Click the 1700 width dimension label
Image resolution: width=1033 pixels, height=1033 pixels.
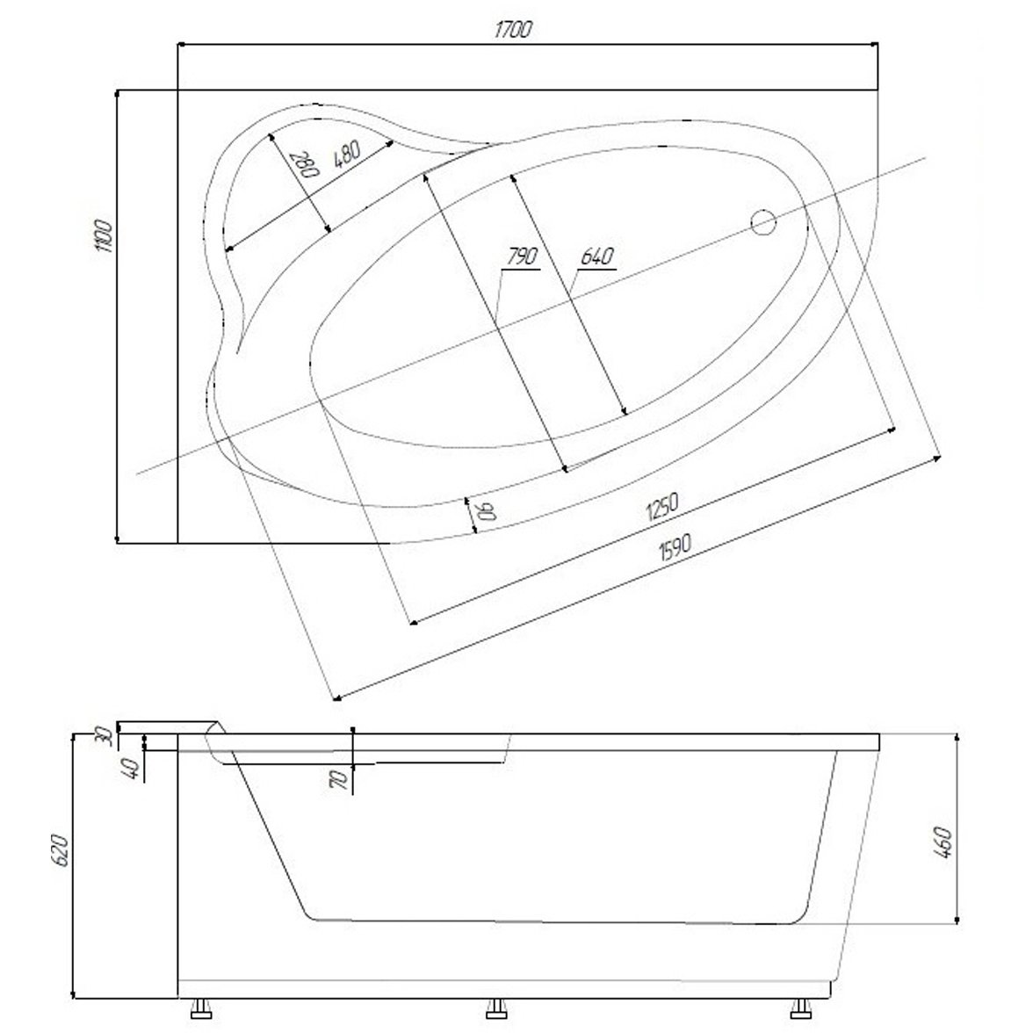512,30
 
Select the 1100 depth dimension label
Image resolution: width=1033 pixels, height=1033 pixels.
104,235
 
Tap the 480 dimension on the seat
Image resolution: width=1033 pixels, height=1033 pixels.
347,155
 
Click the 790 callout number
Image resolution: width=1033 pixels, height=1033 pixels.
523,256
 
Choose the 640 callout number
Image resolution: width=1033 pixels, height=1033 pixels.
597,256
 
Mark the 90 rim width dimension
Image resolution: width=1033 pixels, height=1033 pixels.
487,510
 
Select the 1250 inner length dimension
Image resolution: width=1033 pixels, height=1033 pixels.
662,507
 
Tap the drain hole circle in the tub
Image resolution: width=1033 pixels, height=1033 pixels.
763,222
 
